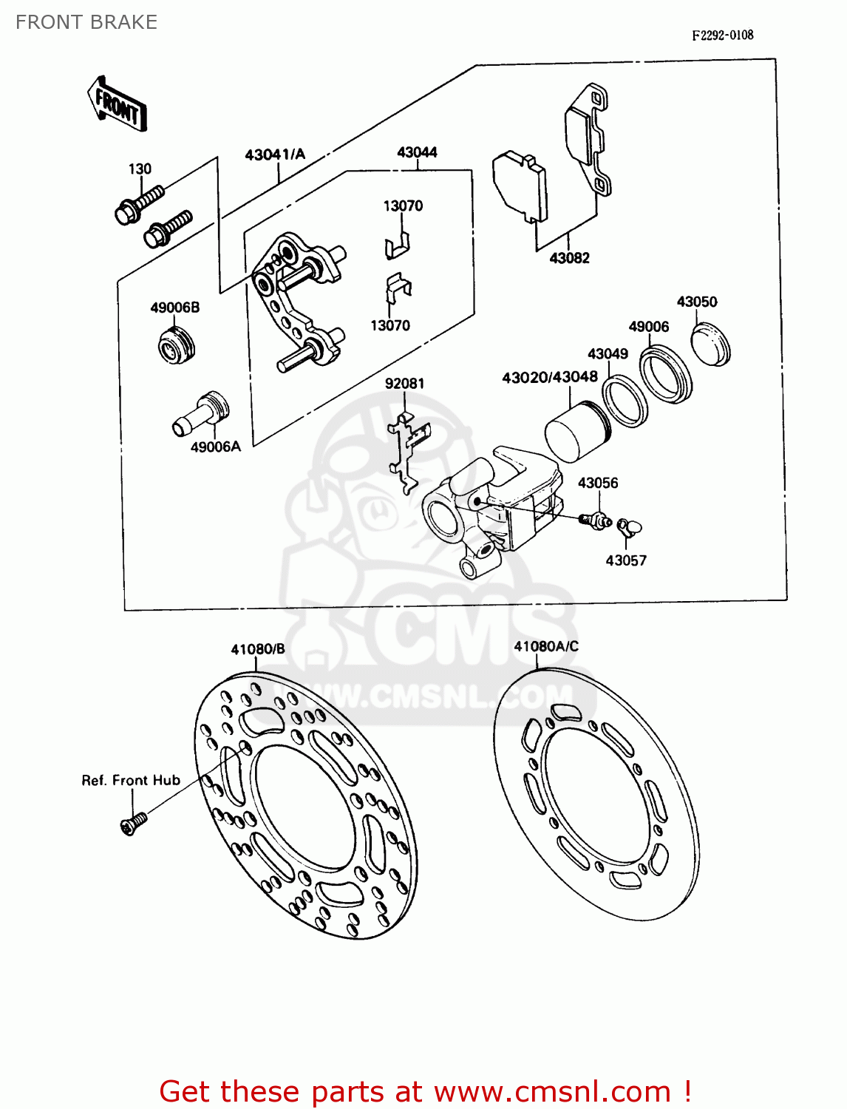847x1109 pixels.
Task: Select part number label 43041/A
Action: click(275, 155)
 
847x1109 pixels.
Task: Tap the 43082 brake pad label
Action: click(569, 258)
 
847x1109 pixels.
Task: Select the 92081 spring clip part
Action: click(407, 451)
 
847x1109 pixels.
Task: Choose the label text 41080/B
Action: click(257, 649)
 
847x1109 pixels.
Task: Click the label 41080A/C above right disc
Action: click(546, 646)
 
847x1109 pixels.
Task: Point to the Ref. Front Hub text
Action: click(131, 780)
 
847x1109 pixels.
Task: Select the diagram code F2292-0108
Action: click(722, 35)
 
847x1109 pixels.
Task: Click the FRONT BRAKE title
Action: click(86, 22)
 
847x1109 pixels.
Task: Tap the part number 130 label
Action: click(140, 169)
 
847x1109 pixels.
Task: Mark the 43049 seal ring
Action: click(625, 401)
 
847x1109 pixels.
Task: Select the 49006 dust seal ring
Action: click(665, 376)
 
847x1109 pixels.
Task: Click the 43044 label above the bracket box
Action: click(417, 152)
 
